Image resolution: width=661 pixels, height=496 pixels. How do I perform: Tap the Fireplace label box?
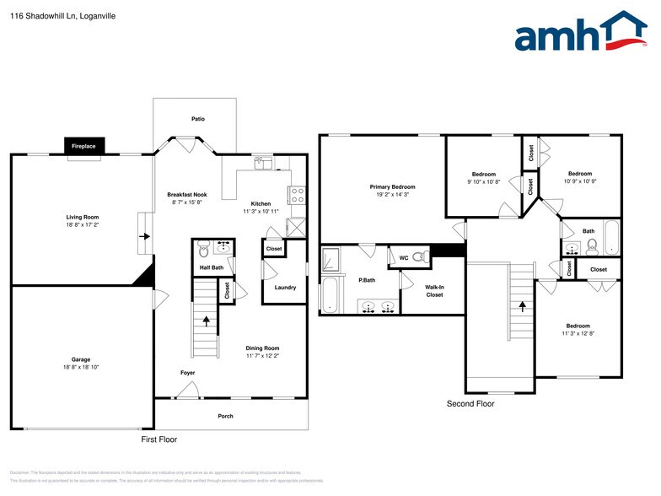click(83, 146)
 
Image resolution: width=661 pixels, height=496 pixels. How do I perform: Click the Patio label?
click(197, 119)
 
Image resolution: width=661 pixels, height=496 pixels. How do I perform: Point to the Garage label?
click(81, 359)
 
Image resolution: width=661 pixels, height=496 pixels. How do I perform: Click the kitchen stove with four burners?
click(297, 196)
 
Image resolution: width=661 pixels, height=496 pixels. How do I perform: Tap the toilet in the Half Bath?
click(202, 251)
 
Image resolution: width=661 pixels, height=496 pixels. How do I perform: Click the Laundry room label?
click(285, 288)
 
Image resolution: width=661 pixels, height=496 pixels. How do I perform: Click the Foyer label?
click(187, 372)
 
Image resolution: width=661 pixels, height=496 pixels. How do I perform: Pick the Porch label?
click(225, 416)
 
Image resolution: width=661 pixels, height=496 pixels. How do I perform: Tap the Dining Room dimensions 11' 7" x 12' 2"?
click(262, 356)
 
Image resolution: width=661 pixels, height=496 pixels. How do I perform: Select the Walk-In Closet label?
click(434, 291)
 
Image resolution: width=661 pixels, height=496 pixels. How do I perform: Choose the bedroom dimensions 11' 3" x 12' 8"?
click(578, 333)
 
